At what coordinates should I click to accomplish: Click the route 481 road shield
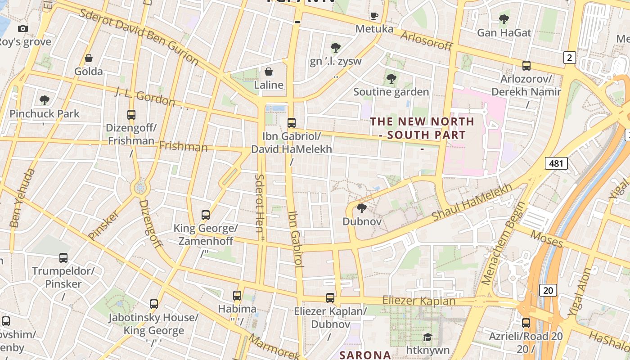pyautogui.click(x=556, y=163)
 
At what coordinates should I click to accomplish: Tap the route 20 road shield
pyautogui.click(x=548, y=290)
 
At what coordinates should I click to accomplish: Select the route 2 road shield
pyautogui.click(x=570, y=57)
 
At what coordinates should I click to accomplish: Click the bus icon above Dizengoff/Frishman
pyautogui.click(x=131, y=114)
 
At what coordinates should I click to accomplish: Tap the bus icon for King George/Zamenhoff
pyautogui.click(x=206, y=215)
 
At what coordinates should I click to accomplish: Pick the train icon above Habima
pyautogui.click(x=237, y=296)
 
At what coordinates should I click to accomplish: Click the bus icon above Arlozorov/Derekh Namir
pyautogui.click(x=526, y=66)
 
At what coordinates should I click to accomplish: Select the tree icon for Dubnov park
pyautogui.click(x=361, y=208)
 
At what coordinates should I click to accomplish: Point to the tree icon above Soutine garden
pyautogui.click(x=391, y=79)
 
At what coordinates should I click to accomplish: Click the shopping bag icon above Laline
pyautogui.click(x=269, y=72)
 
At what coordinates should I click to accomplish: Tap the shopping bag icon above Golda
pyautogui.click(x=89, y=58)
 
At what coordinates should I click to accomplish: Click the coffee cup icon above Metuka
pyautogui.click(x=374, y=16)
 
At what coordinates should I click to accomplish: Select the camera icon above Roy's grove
pyautogui.click(x=23, y=28)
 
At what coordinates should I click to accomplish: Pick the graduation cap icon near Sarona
pyautogui.click(x=427, y=337)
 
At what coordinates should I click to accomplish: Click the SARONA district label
pyautogui.click(x=365, y=355)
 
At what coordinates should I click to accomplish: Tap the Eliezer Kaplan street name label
pyautogui.click(x=418, y=301)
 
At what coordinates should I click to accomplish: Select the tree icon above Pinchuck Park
pyautogui.click(x=44, y=100)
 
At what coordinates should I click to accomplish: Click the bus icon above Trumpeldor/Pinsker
pyautogui.click(x=63, y=258)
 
